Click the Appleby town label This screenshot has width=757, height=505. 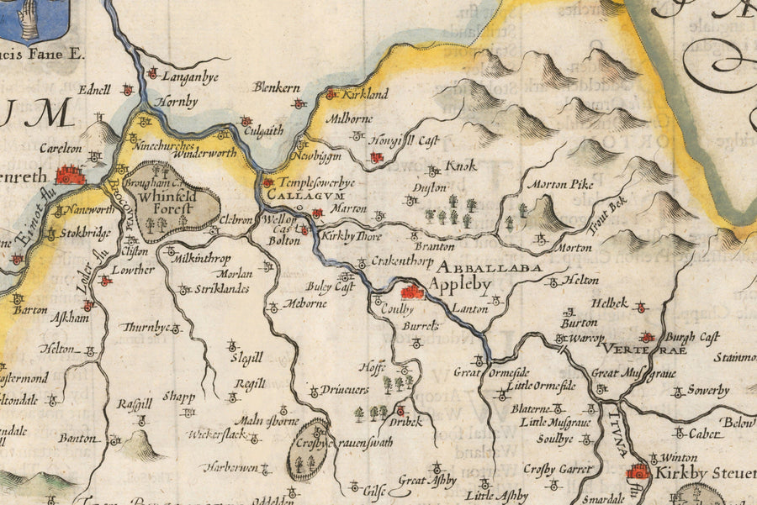click(x=459, y=286)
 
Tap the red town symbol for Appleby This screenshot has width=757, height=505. click(x=412, y=292)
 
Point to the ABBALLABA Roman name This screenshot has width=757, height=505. click(x=488, y=267)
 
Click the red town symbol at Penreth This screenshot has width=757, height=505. click(x=71, y=175)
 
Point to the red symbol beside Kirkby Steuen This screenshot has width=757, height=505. click(x=638, y=472)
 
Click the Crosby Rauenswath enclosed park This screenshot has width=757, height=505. click(x=307, y=449)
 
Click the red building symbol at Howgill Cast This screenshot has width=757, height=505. click(x=376, y=157)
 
